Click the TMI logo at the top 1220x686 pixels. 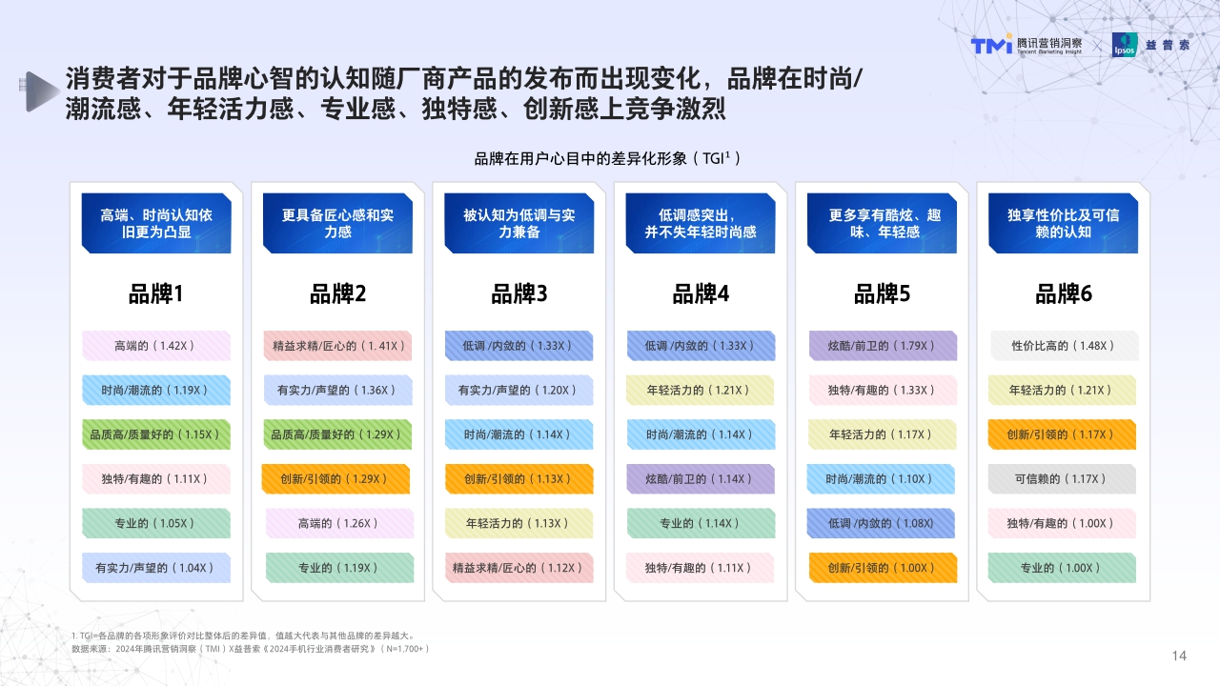coord(989,45)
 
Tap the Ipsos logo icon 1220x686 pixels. coord(1125,45)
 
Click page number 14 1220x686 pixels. coord(1179,656)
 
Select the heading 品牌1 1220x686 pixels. coord(155,294)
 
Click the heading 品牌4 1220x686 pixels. coord(701,294)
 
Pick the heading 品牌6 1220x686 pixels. coord(1064,294)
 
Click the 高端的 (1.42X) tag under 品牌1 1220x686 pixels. coord(155,346)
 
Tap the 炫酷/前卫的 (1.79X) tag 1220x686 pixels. coord(883,346)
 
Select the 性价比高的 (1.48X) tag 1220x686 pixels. coord(1063,346)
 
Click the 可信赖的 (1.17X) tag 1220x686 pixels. coord(1063,479)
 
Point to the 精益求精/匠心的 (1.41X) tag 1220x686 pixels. coord(337,346)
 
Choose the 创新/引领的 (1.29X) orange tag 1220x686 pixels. coord(336,479)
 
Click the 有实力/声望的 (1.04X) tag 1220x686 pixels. coord(155,568)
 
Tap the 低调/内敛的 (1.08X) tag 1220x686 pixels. coord(882,523)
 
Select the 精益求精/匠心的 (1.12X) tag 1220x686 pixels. coord(518,568)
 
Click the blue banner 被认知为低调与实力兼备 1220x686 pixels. coord(519,224)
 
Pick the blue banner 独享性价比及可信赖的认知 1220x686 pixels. coord(1064,224)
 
